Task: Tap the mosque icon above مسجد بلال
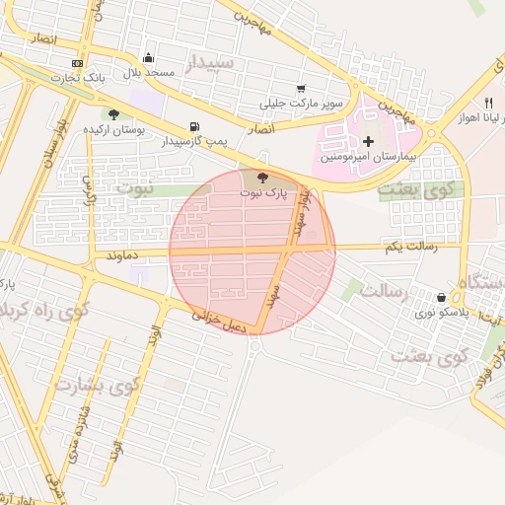[148, 57]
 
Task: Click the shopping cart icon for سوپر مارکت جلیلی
[301, 88]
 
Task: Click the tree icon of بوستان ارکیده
[113, 113]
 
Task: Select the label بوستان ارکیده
[113, 129]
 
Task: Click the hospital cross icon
[369, 142]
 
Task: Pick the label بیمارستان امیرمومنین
[372, 158]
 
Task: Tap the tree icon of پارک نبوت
[262, 178]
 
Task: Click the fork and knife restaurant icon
[487, 103]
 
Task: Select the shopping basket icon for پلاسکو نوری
[440, 296]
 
